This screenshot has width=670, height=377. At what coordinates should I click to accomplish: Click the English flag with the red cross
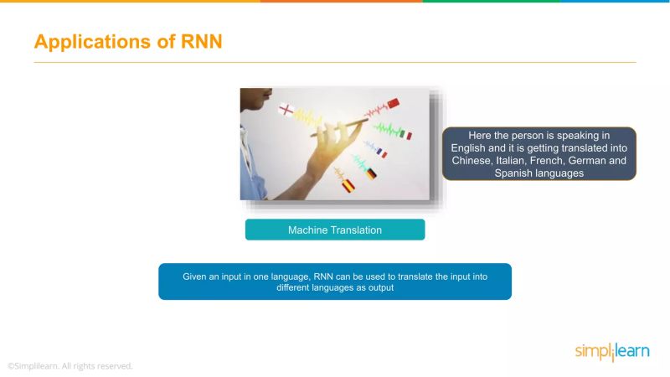[286, 110]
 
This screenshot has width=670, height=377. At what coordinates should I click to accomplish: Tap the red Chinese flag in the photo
[392, 104]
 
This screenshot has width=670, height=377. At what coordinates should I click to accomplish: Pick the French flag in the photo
[381, 152]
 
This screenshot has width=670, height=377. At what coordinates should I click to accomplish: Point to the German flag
[370, 173]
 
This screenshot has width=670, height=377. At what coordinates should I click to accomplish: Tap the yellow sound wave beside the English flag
[311, 116]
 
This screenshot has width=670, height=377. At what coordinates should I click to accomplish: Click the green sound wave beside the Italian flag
[386, 129]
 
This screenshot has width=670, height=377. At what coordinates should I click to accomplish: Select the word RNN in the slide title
[202, 41]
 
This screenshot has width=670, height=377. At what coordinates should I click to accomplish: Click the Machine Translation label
[335, 230]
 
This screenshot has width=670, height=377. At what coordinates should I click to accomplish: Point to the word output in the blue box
[379, 287]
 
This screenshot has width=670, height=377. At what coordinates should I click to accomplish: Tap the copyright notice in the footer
[70, 366]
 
